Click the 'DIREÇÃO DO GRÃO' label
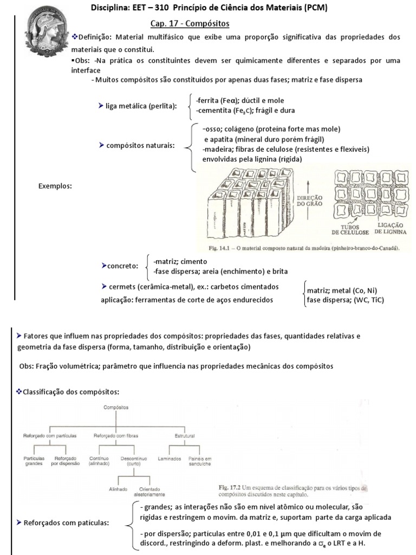pos(310,202)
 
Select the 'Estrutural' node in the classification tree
pos(185,435)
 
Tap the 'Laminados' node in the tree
pos(169,459)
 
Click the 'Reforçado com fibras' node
pos(115,435)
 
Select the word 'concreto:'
pos(122,266)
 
